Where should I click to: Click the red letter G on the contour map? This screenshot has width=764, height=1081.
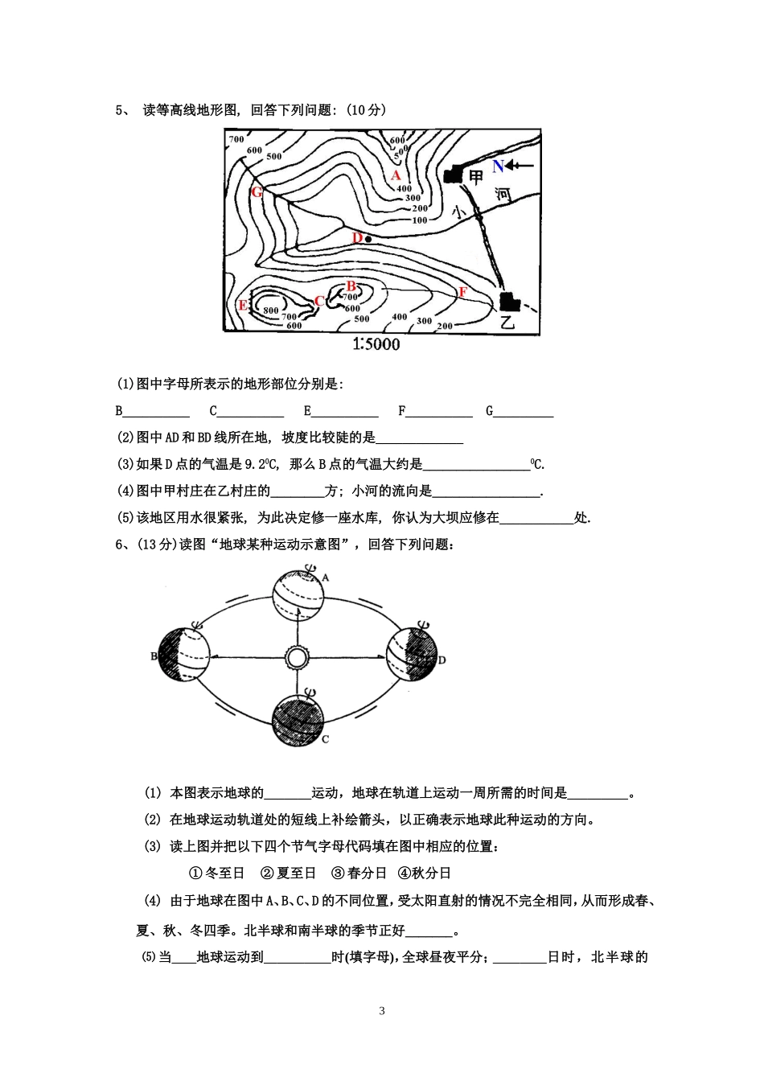pos(257,192)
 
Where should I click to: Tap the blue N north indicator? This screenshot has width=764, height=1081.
pos(498,166)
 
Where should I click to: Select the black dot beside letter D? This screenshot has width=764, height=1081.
pos(368,239)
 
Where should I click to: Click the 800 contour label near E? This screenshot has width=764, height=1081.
pos(270,310)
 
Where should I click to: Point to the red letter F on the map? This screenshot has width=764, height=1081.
pos(462,293)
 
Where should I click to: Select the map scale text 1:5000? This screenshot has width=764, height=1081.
pos(376,344)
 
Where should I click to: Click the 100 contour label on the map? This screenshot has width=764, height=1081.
pos(419,220)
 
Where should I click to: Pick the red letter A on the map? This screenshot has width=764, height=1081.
pos(395,175)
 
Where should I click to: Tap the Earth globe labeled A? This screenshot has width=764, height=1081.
pos(298,596)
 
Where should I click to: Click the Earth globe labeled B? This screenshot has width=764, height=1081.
pos(184,654)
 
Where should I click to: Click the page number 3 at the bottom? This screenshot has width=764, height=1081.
pos(382,1011)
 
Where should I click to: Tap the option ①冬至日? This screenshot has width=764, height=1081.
pos(216,873)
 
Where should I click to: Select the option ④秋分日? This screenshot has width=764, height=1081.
pos(425,873)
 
